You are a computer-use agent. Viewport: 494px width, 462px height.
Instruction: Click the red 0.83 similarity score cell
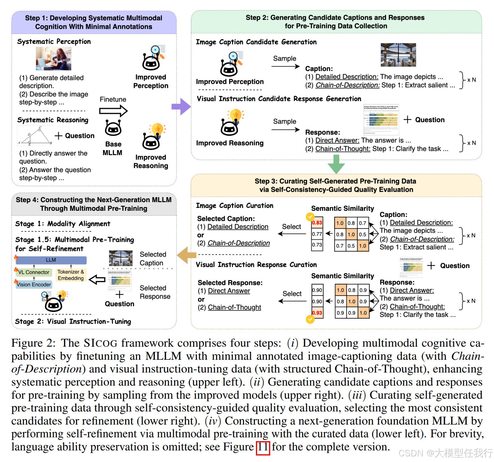[317, 223]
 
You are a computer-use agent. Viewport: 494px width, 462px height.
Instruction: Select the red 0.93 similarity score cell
[317, 313]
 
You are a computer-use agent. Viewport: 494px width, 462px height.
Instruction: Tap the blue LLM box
[51, 260]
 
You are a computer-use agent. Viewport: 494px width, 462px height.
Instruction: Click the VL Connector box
[34, 272]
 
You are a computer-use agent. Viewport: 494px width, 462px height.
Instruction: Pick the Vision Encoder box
[34, 285]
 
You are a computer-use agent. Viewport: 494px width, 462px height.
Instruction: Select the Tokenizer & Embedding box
[71, 275]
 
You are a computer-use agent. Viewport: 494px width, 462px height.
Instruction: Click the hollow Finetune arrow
[113, 111]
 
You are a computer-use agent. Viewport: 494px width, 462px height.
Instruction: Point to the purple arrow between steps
[181, 107]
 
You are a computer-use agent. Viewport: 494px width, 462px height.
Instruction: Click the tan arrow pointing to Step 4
[187, 255]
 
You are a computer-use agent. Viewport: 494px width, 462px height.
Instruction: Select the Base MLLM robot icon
[113, 128]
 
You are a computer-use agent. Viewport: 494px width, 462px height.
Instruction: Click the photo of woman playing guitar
[54, 59]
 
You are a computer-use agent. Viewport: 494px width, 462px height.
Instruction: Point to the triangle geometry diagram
[35, 136]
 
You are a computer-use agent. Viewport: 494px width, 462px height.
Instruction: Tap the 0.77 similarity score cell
[317, 234]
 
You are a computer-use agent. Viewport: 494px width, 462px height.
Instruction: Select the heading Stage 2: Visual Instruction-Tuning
[73, 321]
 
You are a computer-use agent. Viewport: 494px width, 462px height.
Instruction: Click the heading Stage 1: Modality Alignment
[62, 224]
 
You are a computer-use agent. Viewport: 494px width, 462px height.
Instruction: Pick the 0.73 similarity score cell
[317, 245]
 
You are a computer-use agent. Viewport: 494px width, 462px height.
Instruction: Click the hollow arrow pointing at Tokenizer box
[97, 279]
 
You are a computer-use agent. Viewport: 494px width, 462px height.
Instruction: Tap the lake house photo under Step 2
[398, 55]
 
